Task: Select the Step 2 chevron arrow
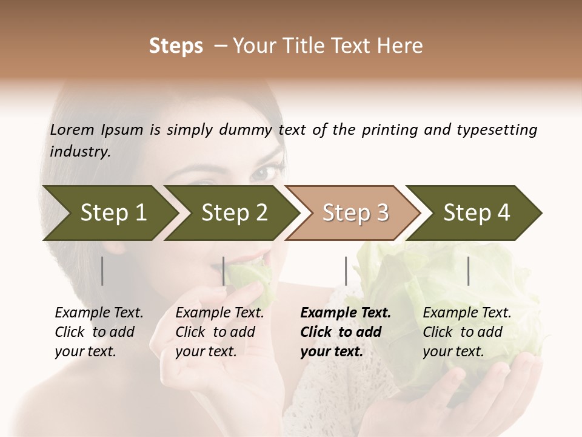233,213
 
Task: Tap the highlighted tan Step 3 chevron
355,213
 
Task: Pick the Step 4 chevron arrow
476,213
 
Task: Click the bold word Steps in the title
176,46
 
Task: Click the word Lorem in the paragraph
72,129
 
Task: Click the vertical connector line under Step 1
102,271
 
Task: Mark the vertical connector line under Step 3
346,271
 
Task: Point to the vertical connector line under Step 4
468,271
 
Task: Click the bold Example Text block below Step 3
346,332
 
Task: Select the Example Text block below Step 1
99,332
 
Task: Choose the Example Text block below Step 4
467,332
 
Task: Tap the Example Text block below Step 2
219,332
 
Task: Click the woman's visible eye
265,173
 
